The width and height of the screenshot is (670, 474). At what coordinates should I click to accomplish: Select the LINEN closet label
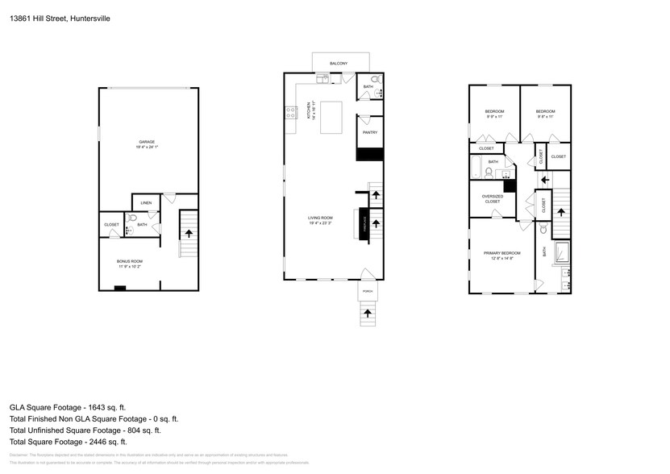click(x=146, y=202)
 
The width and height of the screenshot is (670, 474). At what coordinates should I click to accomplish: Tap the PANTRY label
click(x=370, y=132)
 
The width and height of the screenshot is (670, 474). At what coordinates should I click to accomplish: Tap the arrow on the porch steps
click(x=368, y=312)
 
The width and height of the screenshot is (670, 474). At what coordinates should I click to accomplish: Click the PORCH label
click(x=367, y=292)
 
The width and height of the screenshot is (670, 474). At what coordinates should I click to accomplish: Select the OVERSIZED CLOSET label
click(x=492, y=199)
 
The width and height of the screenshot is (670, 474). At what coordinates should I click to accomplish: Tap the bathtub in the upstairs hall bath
click(x=476, y=168)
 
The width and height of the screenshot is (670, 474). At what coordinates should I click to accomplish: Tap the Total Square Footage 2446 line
click(x=69, y=442)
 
